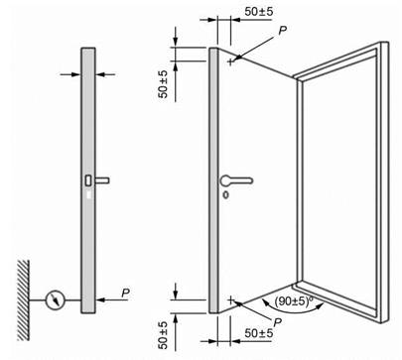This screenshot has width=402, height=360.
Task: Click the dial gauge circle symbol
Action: [55, 300]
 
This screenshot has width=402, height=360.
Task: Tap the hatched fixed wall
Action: [23, 300]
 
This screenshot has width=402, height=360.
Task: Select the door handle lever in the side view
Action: [102, 180]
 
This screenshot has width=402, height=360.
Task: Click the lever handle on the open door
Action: [236, 180]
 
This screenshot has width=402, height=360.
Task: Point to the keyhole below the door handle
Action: [225, 194]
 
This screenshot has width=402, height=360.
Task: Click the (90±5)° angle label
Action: [294, 300]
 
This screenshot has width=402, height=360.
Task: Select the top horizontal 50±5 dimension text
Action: [259, 12]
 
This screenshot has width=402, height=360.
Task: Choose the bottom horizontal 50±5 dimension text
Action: [259, 332]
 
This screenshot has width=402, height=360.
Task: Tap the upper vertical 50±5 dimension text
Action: [163, 84]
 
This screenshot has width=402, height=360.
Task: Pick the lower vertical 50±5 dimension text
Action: [163, 335]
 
